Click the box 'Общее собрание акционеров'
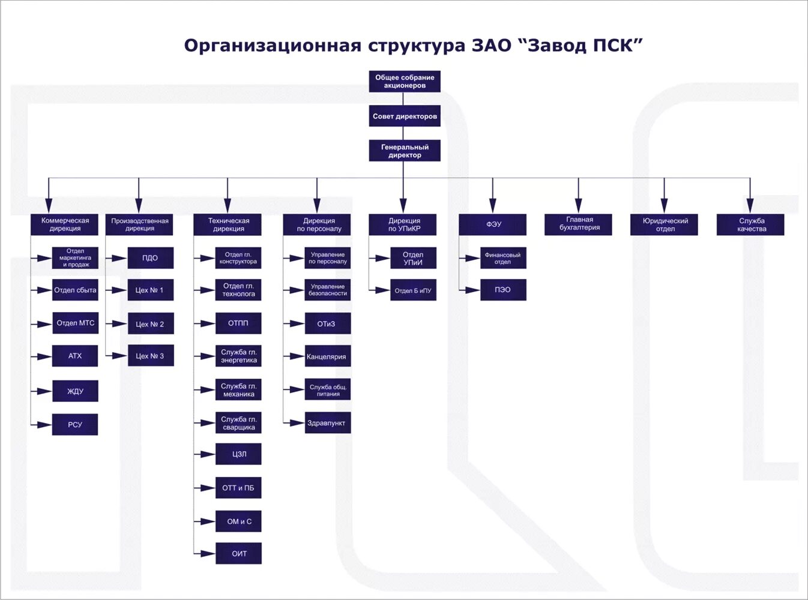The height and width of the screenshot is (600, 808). click(x=405, y=82)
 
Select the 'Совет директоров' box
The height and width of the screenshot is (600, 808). click(x=405, y=116)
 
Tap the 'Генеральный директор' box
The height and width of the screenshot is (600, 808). click(x=405, y=151)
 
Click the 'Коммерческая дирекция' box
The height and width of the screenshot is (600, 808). click(x=65, y=224)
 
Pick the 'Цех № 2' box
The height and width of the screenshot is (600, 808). click(x=150, y=324)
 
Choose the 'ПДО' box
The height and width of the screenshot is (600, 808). click(x=150, y=258)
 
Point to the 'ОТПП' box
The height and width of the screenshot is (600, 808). click(x=238, y=323)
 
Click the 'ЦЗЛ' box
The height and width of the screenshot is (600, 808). click(x=238, y=454)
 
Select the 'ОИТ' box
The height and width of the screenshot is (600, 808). click(x=238, y=554)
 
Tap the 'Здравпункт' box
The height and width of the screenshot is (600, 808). click(x=327, y=423)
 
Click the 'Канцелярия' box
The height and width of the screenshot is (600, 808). click(x=327, y=356)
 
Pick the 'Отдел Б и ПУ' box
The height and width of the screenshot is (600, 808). click(x=413, y=290)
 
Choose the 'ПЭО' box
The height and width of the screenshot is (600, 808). click(x=503, y=290)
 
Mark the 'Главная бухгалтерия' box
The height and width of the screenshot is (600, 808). click(x=579, y=224)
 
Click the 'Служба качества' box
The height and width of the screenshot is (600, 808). click(x=750, y=224)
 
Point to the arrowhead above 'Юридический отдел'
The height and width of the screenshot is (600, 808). click(x=664, y=205)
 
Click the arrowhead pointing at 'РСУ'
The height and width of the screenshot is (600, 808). click(x=44, y=425)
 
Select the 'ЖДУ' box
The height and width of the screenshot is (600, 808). click(x=75, y=391)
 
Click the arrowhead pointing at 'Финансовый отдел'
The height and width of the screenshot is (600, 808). click(x=473, y=259)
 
